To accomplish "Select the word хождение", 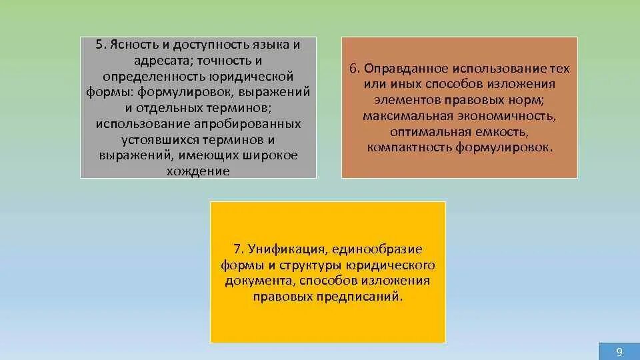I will point(199,171).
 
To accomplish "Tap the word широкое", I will point(267,155).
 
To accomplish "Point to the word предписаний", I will point(365,296).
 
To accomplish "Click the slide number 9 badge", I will point(619,351).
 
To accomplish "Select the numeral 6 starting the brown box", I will point(353,69).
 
